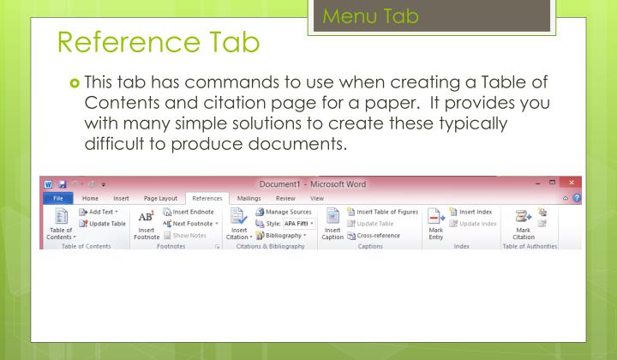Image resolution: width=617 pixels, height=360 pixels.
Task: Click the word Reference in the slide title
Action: pyautogui.click(x=105, y=63)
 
